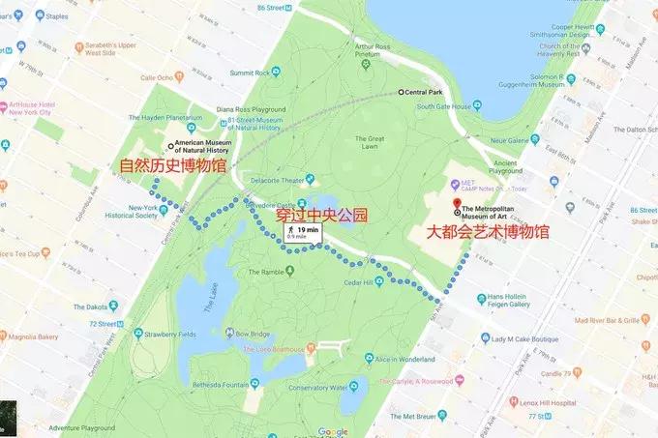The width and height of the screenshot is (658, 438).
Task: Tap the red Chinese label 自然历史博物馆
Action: [x=172, y=166]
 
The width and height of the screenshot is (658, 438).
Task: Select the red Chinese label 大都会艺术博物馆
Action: [x=488, y=232]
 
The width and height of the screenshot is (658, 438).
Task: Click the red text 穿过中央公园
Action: [x=322, y=215]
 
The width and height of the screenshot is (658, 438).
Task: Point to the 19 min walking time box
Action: [x=304, y=233]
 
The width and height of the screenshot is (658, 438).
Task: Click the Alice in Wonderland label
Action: [x=405, y=359]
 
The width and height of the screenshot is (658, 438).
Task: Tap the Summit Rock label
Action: [x=251, y=72]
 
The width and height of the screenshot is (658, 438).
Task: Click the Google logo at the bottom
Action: [x=332, y=431]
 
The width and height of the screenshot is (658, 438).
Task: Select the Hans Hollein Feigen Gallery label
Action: [x=509, y=301]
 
